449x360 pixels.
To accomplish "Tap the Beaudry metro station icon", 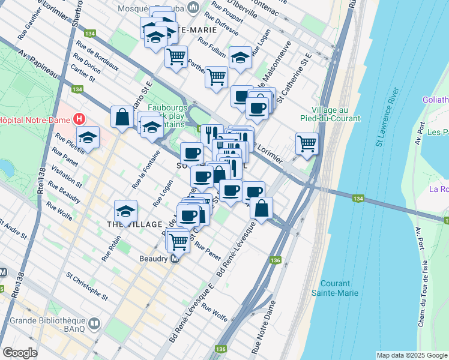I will tap(175, 259).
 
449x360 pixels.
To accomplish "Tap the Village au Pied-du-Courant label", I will tap(336, 114).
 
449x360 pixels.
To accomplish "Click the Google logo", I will tap(20, 353).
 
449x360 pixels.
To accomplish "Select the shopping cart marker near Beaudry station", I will tap(178, 241).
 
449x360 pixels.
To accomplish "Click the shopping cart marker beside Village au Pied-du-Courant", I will tap(307, 143).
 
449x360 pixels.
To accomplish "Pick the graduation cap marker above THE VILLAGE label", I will tap(125, 211).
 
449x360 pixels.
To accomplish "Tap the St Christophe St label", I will tap(87, 287).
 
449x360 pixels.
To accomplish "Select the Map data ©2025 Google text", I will tap(412, 355).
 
